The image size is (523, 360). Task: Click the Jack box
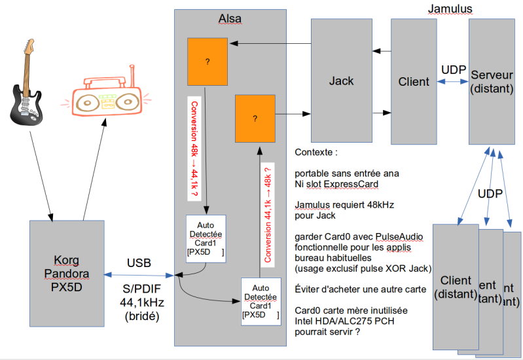340,81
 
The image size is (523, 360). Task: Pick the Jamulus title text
450,9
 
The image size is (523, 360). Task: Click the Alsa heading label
230,19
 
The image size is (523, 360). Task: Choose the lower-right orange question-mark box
255,118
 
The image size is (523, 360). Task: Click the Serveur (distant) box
492,81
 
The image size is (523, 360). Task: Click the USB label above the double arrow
139,263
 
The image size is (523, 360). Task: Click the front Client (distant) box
456,285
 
